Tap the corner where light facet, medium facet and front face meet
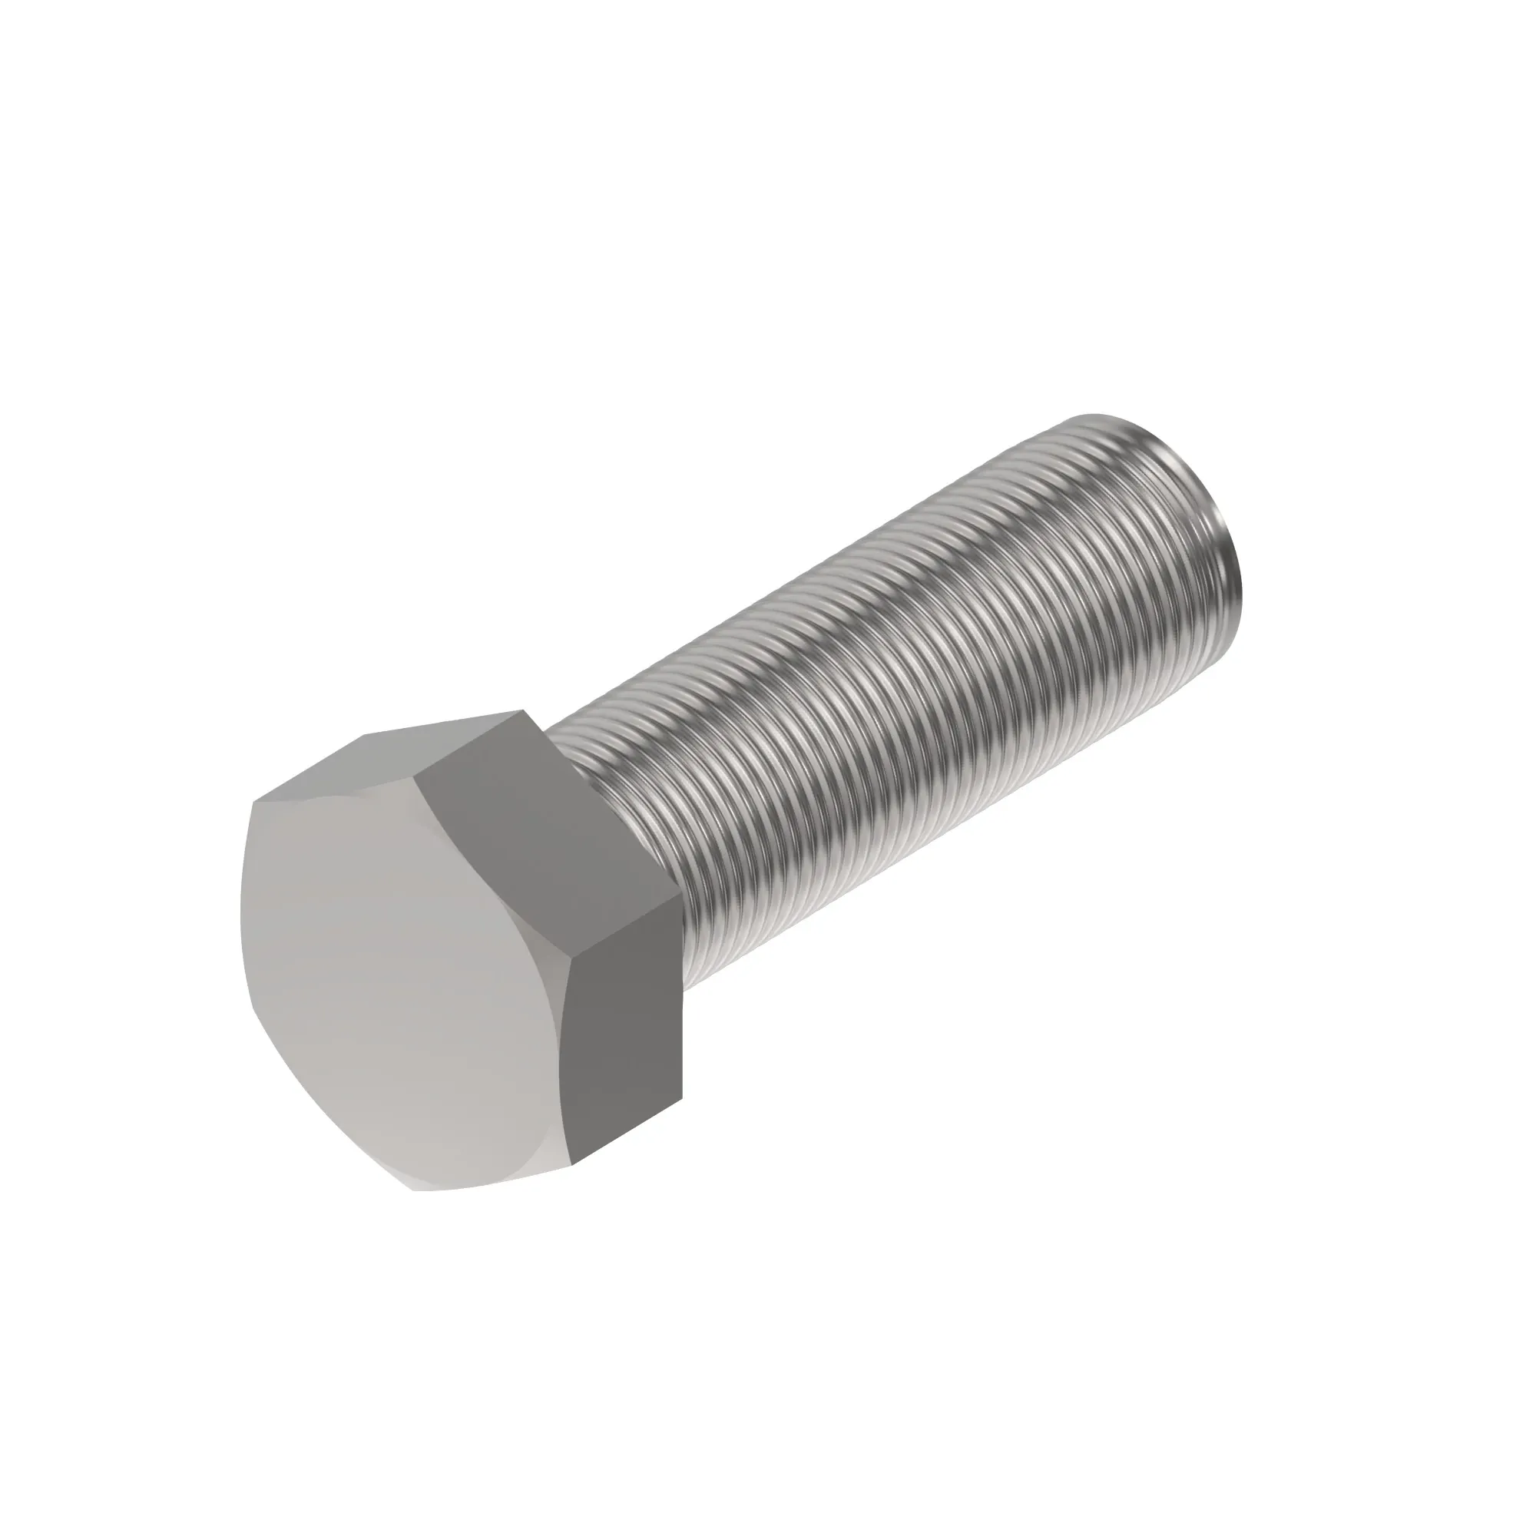[419, 770]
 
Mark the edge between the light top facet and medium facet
[469, 740]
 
